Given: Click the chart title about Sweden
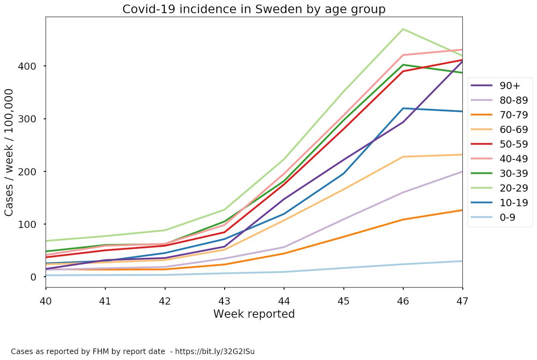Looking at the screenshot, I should [254, 9].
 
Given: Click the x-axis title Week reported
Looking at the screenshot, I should [254, 314].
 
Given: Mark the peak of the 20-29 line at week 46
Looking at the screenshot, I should [403, 29].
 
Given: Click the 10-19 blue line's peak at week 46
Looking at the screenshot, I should [403, 108].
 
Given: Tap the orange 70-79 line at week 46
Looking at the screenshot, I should [403, 219].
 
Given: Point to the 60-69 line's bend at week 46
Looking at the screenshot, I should [403, 157].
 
